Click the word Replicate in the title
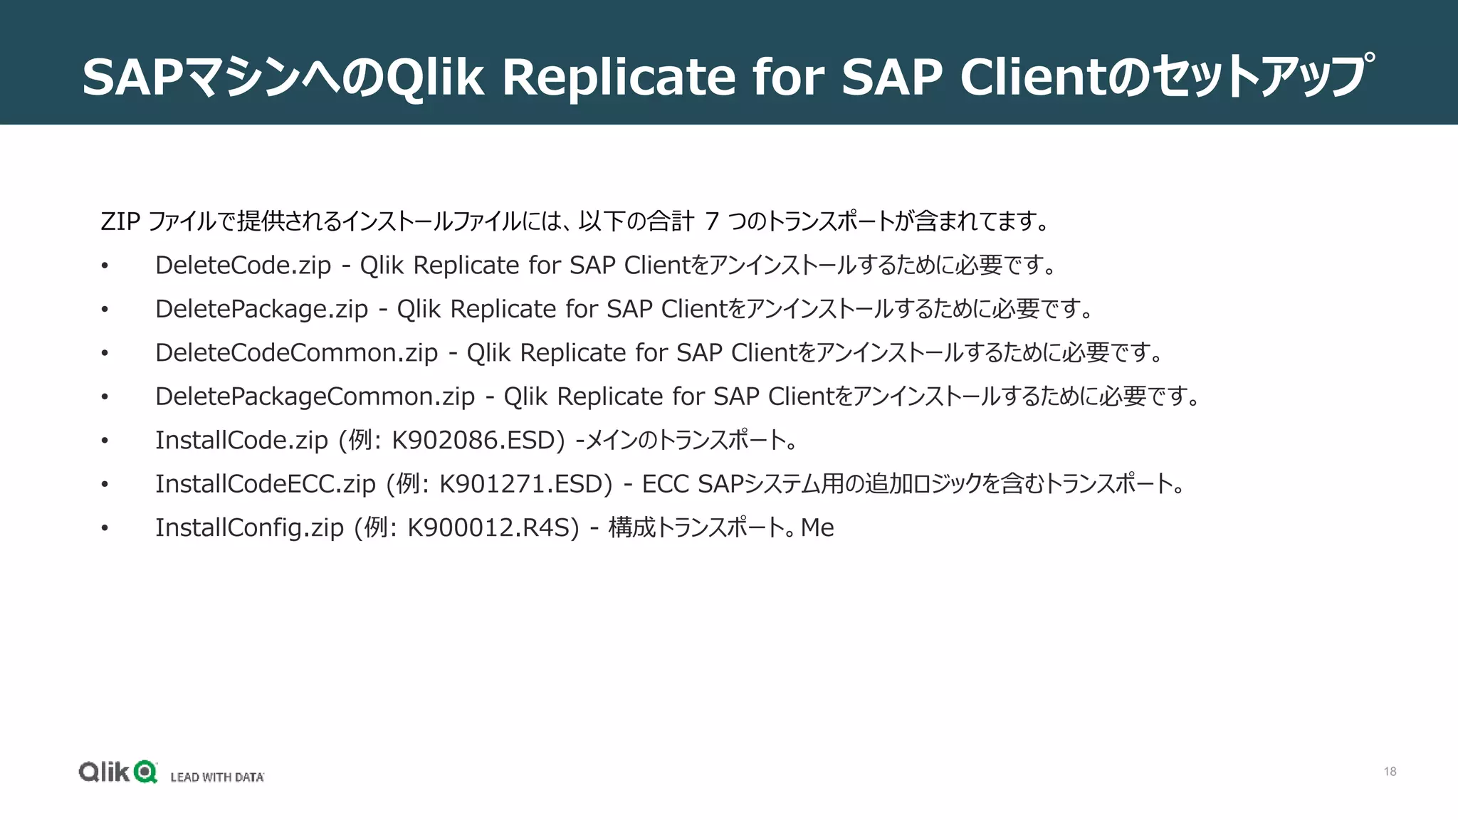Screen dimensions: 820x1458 pyautogui.click(x=618, y=77)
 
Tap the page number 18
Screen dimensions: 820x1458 pyautogui.click(x=1390, y=772)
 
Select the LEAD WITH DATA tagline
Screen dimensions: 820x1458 pyautogui.click(x=217, y=777)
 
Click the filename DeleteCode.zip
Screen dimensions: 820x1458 pyautogui.click(x=243, y=266)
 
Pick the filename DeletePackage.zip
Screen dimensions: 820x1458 pyautogui.click(x=261, y=310)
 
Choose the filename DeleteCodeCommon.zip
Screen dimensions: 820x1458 pyautogui.click(x=296, y=353)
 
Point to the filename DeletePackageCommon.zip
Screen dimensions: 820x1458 pyautogui.click(x=315, y=396)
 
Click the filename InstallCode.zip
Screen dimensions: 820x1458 pyautogui.click(x=241, y=441)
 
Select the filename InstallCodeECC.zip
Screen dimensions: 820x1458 pyautogui.click(x=265, y=484)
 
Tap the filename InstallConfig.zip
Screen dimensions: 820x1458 pyautogui.click(x=249, y=528)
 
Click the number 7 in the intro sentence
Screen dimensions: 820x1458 pyautogui.click(x=711, y=222)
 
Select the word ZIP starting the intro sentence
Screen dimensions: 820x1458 pyautogui.click(x=120, y=222)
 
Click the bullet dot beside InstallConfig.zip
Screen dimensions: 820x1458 pyautogui.click(x=105, y=528)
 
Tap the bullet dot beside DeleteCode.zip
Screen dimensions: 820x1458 pyautogui.click(x=105, y=266)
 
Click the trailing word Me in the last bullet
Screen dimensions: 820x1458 pyautogui.click(x=817, y=528)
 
